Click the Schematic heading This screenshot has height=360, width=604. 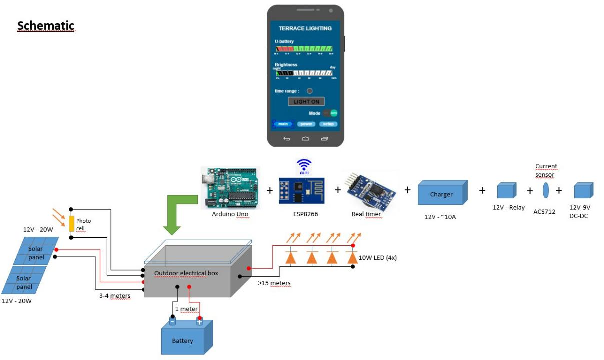46,26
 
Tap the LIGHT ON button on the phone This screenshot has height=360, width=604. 305,101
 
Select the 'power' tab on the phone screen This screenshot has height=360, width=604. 306,124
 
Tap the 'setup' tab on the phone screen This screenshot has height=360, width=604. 328,124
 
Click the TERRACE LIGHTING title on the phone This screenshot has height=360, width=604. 305,28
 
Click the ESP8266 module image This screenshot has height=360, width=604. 302,190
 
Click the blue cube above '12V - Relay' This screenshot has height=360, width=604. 507,191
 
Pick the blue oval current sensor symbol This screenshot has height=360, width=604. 545,190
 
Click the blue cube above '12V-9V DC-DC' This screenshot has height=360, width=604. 583,191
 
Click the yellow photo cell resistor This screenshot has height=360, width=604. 71,223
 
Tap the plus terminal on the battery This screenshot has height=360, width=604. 199,322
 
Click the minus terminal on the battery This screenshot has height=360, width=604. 172,322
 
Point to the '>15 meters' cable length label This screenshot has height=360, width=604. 274,283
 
